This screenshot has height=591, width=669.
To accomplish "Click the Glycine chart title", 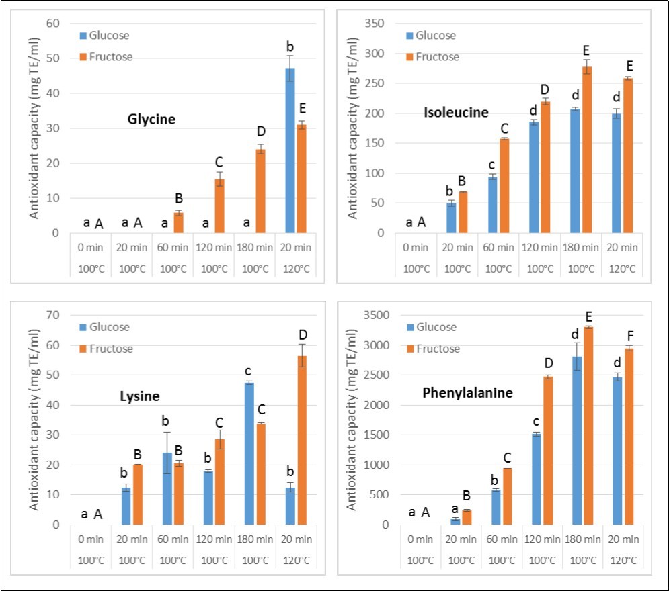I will (x=151, y=120).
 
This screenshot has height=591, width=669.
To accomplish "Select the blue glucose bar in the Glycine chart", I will (x=290, y=150).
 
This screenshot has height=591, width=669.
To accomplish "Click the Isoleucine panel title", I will (x=455, y=113).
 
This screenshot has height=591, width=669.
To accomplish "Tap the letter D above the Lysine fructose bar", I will (x=303, y=335).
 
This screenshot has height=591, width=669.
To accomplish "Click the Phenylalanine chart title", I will (x=467, y=392).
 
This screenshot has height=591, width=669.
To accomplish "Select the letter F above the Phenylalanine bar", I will (x=629, y=335).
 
